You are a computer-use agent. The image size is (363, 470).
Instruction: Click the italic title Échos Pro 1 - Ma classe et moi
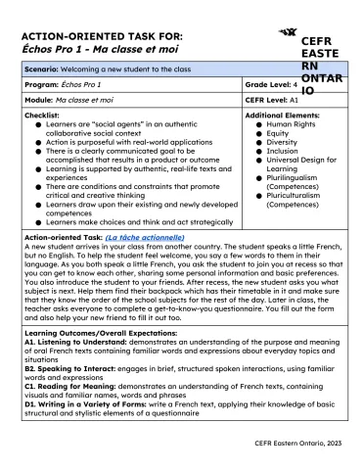click(88, 49)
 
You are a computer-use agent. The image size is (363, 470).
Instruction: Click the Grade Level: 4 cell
click(275, 85)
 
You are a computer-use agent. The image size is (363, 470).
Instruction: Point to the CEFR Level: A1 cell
click(273, 100)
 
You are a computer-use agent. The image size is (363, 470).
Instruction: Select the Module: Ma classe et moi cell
click(70, 100)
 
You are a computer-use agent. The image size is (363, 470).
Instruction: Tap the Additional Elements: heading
click(284, 115)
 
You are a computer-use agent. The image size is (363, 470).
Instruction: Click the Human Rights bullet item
click(292, 124)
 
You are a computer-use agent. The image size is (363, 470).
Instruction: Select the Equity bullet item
click(278, 136)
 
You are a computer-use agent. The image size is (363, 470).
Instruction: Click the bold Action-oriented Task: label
click(62, 238)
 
